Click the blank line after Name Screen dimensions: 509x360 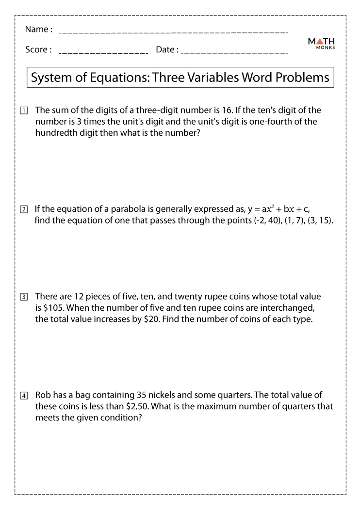(x=173, y=32)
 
